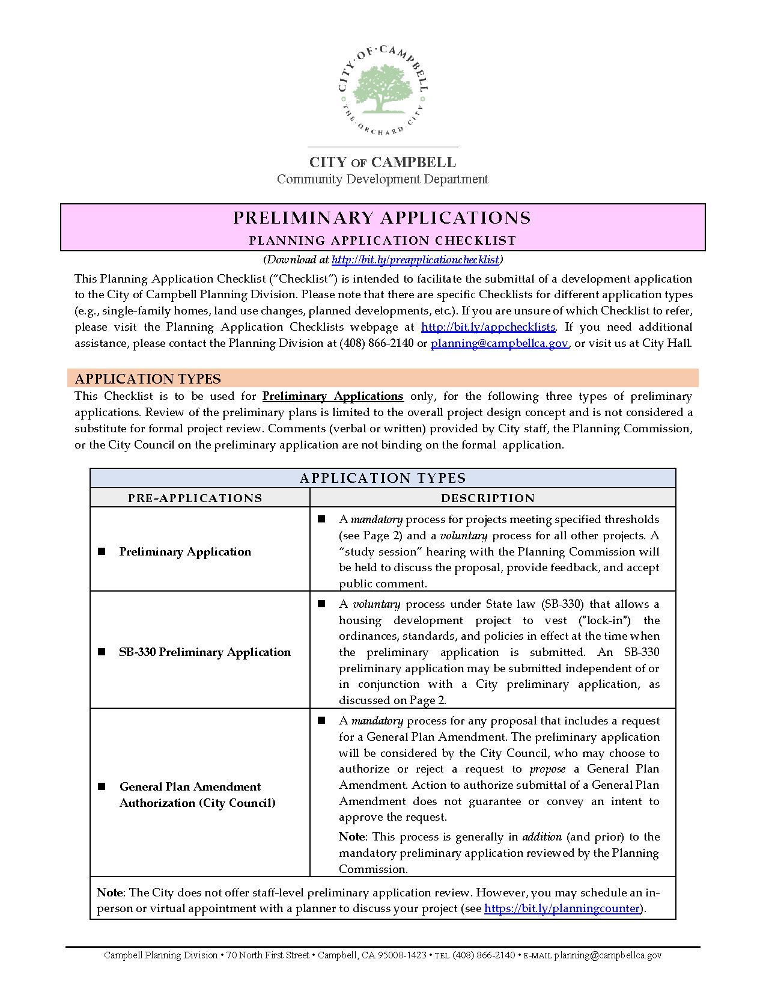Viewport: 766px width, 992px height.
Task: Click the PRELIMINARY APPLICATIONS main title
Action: pyautogui.click(x=382, y=218)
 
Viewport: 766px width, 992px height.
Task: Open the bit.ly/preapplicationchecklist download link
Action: pyautogui.click(x=415, y=260)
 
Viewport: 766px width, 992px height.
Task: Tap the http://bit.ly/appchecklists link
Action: pyautogui.click(x=488, y=327)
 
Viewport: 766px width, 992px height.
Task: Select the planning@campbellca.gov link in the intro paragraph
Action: pyautogui.click(x=499, y=343)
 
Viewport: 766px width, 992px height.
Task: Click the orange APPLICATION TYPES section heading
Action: pyautogui.click(x=148, y=379)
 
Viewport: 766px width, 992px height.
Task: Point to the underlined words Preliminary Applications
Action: pyautogui.click(x=333, y=396)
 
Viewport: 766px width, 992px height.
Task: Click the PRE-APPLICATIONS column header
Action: pyautogui.click(x=195, y=498)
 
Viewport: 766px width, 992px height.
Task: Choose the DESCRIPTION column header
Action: pyautogui.click(x=488, y=498)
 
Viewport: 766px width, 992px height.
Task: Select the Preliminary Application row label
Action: pyautogui.click(x=185, y=552)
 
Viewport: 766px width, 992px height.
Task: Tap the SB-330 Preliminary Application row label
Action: pyautogui.click(x=205, y=652)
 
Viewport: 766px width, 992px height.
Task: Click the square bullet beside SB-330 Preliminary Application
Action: pyautogui.click(x=102, y=652)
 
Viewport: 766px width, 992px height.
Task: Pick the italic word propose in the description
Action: pyautogui.click(x=547, y=769)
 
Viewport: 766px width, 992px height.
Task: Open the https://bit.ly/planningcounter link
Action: pyautogui.click(x=562, y=908)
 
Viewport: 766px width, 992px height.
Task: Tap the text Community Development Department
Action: pyautogui.click(x=382, y=179)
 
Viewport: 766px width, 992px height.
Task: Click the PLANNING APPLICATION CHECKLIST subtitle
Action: pyautogui.click(x=382, y=240)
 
